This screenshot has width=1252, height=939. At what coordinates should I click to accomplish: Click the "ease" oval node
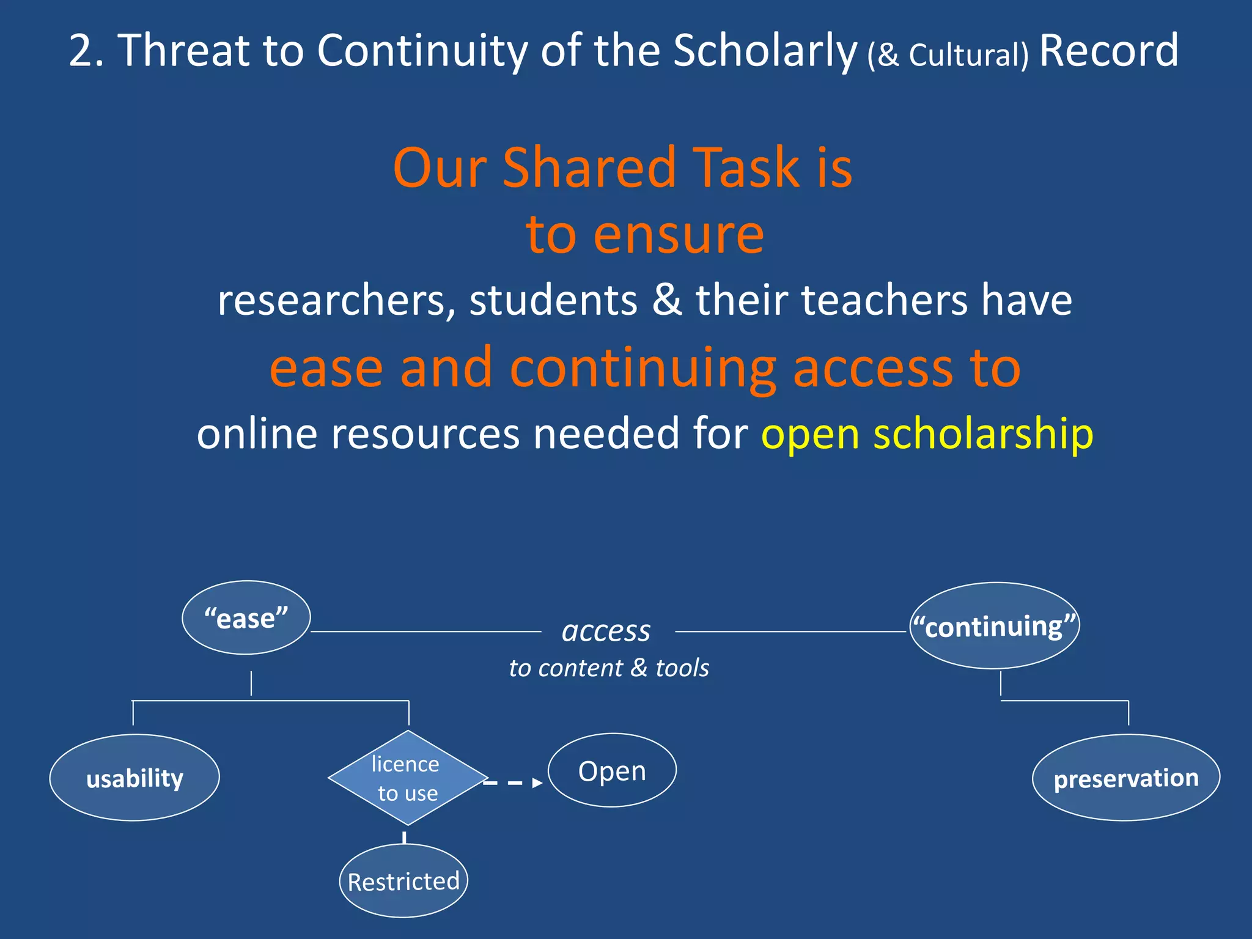tap(246, 617)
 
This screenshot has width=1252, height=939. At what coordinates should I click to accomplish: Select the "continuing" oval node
tap(995, 625)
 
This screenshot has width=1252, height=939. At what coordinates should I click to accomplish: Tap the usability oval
tap(134, 778)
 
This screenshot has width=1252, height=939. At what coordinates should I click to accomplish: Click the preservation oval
tap(1126, 778)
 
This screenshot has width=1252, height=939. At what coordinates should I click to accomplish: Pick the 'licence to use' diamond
tap(408, 778)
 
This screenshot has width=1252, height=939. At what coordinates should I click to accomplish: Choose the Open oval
tap(612, 770)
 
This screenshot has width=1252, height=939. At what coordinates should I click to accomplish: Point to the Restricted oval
tap(403, 881)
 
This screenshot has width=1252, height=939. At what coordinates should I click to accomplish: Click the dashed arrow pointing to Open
tap(514, 782)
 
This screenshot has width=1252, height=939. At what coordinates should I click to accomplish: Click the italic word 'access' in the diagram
tap(606, 630)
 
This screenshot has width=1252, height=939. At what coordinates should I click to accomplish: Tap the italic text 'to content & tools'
tap(609, 668)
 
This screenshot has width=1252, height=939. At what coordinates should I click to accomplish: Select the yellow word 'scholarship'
tap(983, 434)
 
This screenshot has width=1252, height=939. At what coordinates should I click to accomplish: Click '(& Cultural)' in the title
tap(948, 55)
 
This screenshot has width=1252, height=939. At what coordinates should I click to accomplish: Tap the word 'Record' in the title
tap(1109, 50)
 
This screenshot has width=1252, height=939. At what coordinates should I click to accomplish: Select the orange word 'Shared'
tap(589, 168)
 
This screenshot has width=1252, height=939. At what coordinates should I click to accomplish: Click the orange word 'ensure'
tap(679, 235)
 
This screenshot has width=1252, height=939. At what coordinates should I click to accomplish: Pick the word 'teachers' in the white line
tap(885, 300)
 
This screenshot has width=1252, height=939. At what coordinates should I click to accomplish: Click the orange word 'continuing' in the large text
tap(643, 369)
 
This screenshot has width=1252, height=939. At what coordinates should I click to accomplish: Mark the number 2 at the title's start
tap(81, 50)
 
